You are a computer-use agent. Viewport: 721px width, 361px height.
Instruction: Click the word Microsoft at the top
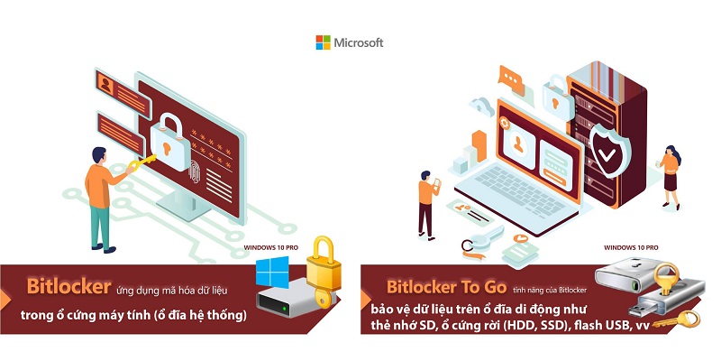point(359,42)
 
